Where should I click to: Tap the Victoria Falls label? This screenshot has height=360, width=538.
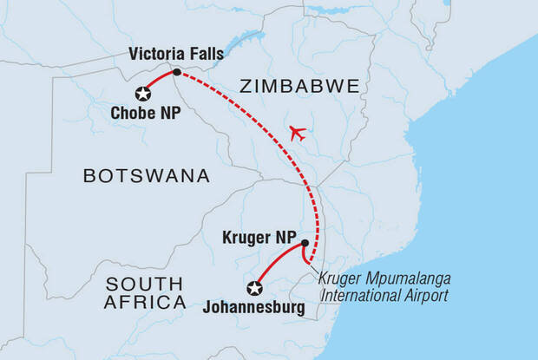[176, 55]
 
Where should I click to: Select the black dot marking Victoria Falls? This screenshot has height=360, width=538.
[177, 72]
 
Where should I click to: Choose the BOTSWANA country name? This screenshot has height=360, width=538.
[146, 176]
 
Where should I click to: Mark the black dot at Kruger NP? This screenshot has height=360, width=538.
[305, 243]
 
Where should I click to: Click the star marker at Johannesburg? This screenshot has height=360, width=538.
[254, 289]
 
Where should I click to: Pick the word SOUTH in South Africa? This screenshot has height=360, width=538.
[144, 284]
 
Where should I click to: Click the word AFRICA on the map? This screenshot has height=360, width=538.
[145, 302]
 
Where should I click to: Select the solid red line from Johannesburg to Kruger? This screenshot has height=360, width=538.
[276, 263]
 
